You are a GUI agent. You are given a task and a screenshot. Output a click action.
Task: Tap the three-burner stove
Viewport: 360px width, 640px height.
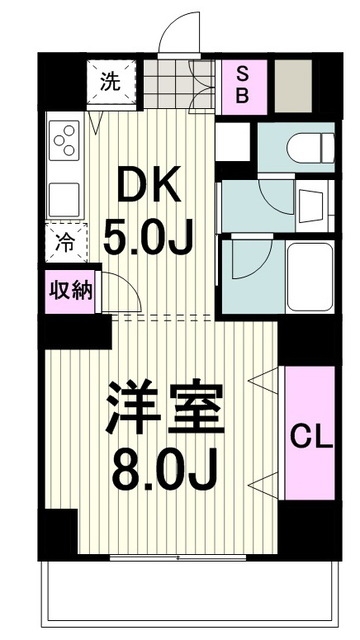pyautogui.click(x=63, y=140)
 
